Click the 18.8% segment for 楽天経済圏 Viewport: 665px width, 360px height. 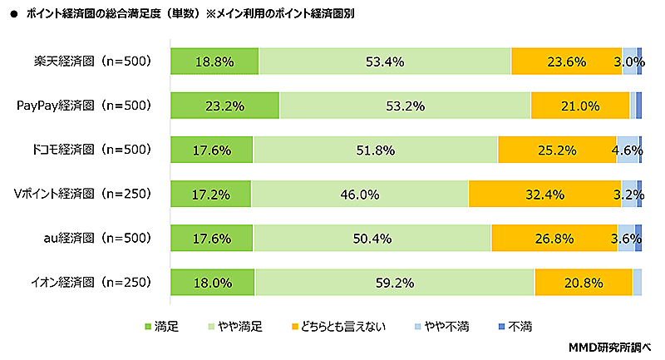pyautogui.click(x=214, y=62)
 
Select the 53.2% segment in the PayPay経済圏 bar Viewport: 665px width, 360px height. pyautogui.click(x=405, y=106)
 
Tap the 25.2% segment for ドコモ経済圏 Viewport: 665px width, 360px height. pyautogui.click(x=557, y=150)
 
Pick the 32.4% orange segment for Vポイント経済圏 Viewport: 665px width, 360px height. pyautogui.click(x=544, y=194)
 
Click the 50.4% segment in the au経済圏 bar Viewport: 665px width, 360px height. pyautogui.click(x=372, y=238)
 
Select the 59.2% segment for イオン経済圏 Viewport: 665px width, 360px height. pyautogui.click(x=395, y=282)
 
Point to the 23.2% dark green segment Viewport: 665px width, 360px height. pyautogui.click(x=224, y=106)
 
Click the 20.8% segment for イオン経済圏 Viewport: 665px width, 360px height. pyautogui.click(x=583, y=282)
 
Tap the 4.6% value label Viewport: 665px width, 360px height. pyautogui.click(x=626, y=150)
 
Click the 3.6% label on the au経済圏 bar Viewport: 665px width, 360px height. pyautogui.click(x=624, y=239)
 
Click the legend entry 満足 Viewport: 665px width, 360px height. pyautogui.click(x=162, y=327)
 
